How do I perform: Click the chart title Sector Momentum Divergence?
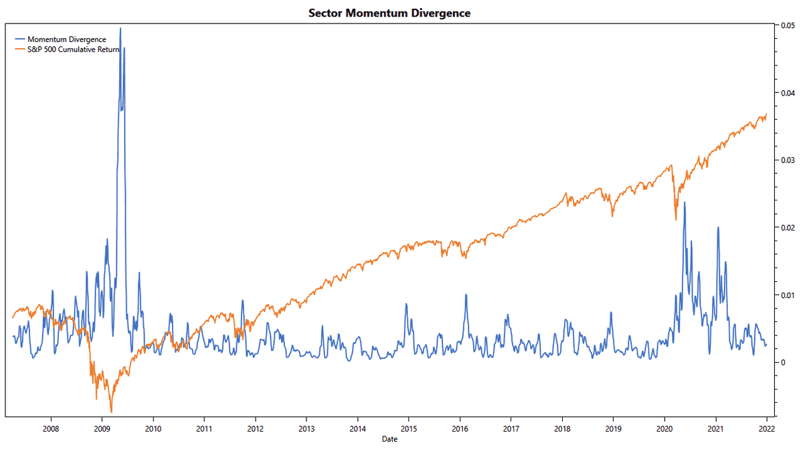389,13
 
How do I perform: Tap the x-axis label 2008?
50,428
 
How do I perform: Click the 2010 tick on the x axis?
153,428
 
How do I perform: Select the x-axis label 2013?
306,428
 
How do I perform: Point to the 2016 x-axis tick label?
460,428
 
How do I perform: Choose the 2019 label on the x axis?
614,428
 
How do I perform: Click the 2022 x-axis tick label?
767,428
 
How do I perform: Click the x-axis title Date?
389,439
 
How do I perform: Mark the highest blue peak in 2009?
120,28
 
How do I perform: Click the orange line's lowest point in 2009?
111,412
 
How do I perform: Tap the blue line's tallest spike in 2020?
684,202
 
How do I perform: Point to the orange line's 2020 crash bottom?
676,220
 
